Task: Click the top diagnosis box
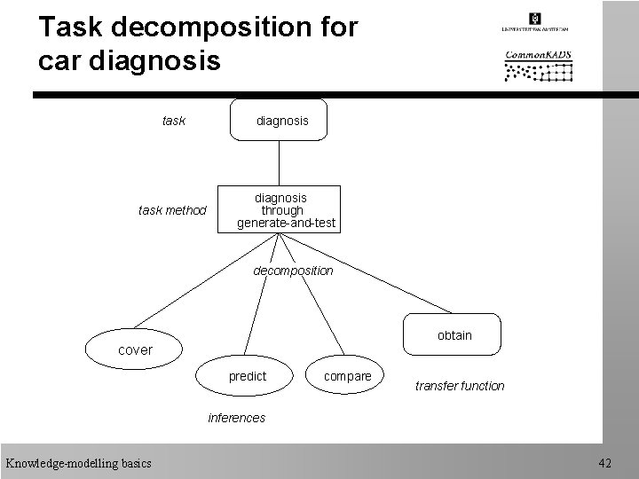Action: click(x=279, y=121)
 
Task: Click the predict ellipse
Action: click(x=248, y=376)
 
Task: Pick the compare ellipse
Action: click(x=348, y=376)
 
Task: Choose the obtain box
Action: click(x=454, y=335)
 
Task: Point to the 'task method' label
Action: click(x=172, y=210)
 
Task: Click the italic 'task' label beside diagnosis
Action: click(x=174, y=121)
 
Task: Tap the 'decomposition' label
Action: click(x=293, y=271)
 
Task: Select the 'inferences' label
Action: click(x=236, y=418)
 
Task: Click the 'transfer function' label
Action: click(x=459, y=386)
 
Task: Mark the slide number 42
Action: click(x=605, y=462)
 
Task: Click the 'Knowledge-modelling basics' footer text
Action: click(x=78, y=462)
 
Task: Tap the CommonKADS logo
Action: click(x=538, y=65)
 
